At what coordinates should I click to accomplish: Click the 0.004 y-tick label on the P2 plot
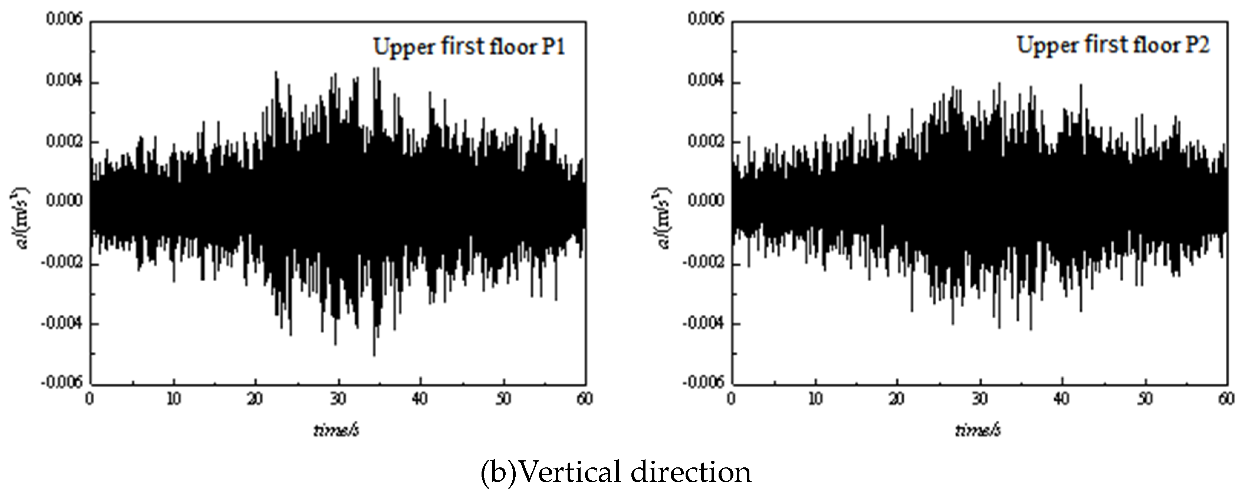(706, 81)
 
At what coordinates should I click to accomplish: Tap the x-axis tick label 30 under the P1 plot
(338, 400)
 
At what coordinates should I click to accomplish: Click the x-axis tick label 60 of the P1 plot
(585, 400)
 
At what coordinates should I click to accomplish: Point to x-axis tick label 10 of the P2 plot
(815, 400)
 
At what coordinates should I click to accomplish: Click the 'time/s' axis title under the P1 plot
(336, 430)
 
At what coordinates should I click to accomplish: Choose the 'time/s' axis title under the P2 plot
(977, 430)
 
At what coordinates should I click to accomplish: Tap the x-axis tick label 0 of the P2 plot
(732, 400)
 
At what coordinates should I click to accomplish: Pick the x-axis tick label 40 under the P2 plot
(1062, 400)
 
